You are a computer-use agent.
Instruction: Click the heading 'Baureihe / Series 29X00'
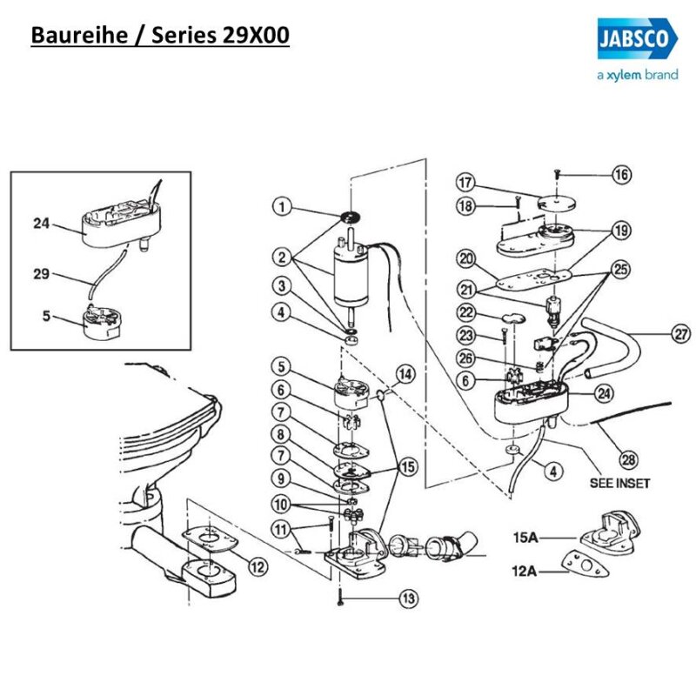click(160, 36)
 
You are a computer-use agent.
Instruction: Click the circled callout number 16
click(621, 175)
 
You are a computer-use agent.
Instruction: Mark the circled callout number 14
click(405, 375)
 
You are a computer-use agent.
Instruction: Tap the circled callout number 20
click(465, 258)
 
